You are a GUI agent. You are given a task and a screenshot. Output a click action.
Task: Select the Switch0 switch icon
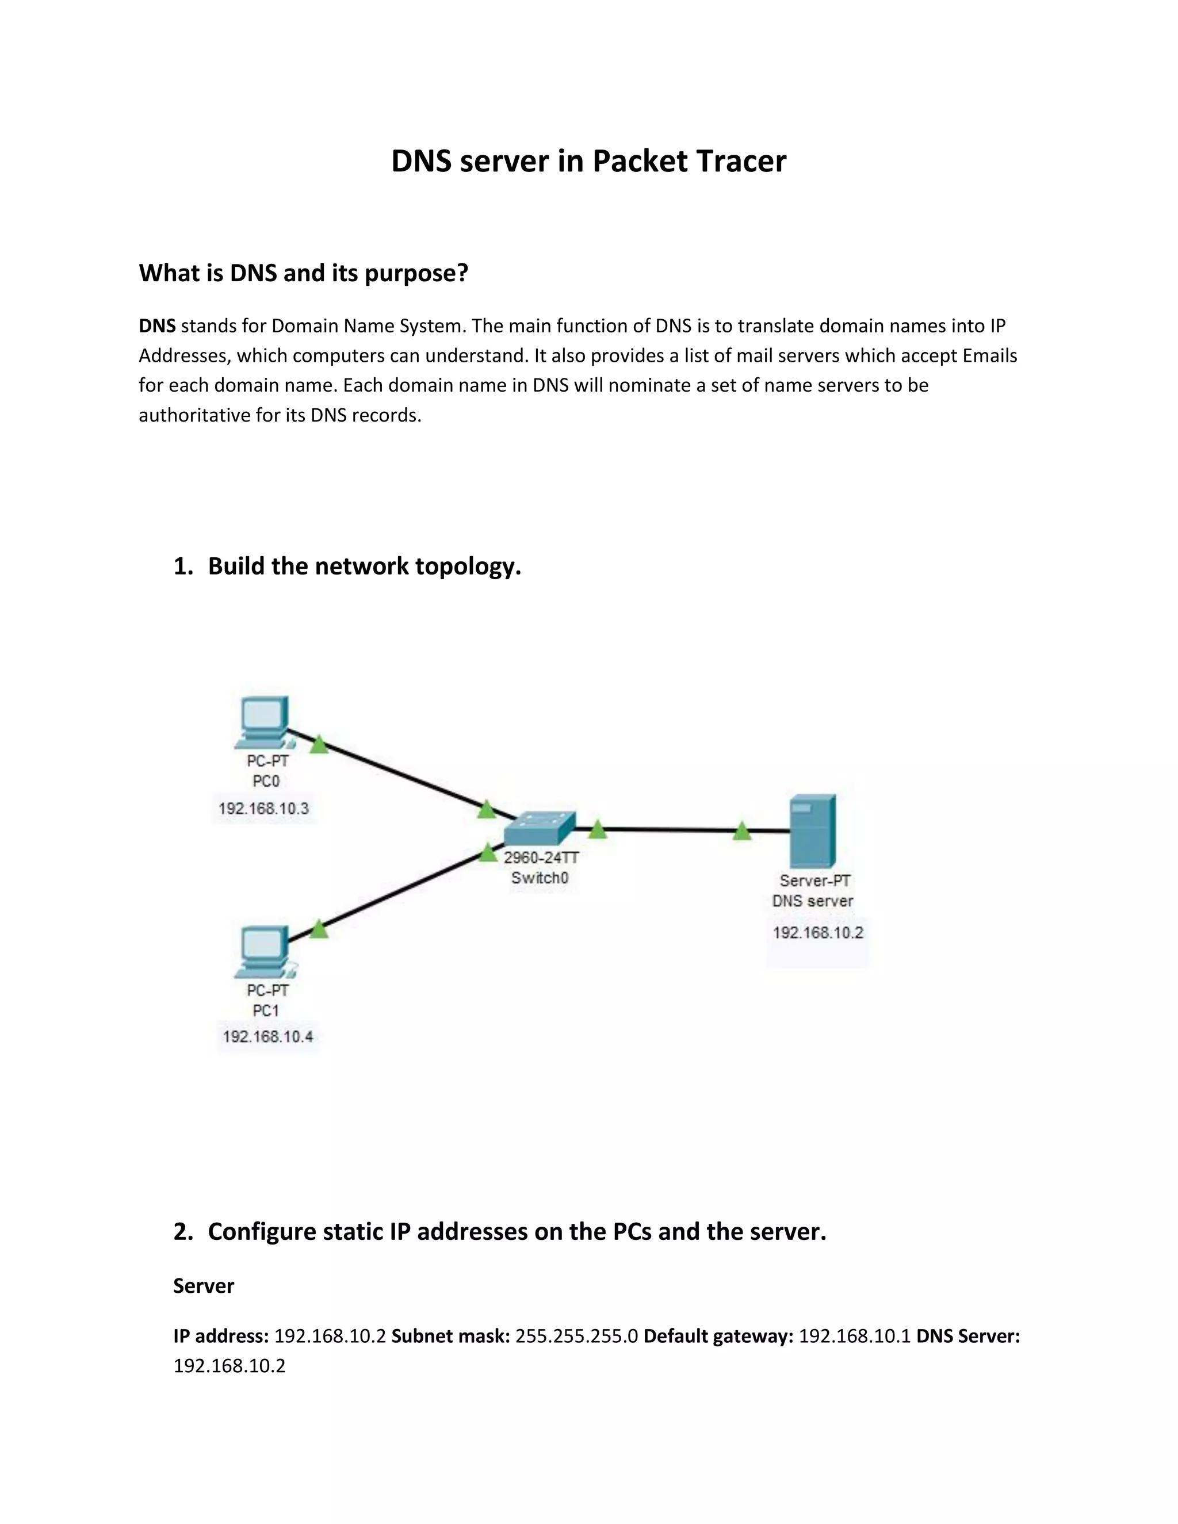pyautogui.click(x=540, y=829)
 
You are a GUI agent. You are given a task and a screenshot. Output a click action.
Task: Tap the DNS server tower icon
pyautogui.click(x=812, y=831)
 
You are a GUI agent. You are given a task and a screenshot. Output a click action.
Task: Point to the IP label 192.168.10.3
pyautogui.click(x=263, y=809)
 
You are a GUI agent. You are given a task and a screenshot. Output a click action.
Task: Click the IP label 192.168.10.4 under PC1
pyautogui.click(x=267, y=1037)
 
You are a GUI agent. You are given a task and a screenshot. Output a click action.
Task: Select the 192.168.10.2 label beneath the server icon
pyautogui.click(x=817, y=933)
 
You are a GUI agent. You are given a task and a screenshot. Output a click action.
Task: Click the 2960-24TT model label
pyautogui.click(x=541, y=857)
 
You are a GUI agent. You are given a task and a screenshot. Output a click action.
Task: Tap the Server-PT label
pyautogui.click(x=814, y=880)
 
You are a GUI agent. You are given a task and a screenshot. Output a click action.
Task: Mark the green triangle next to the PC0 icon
pyautogui.click(x=319, y=745)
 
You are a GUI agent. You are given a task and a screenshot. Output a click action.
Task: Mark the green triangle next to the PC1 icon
pyautogui.click(x=319, y=929)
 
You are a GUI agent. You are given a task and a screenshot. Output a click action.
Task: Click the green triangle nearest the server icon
pyautogui.click(x=742, y=831)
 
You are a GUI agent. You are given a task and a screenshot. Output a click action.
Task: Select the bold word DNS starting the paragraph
pyautogui.click(x=157, y=326)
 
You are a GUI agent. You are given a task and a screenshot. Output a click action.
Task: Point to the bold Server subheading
pyautogui.click(x=203, y=1286)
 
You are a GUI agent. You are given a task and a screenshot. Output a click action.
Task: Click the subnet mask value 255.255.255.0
pyautogui.click(x=576, y=1337)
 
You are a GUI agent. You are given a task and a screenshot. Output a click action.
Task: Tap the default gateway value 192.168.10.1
pyautogui.click(x=854, y=1337)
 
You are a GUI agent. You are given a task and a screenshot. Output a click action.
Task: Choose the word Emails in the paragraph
pyautogui.click(x=989, y=356)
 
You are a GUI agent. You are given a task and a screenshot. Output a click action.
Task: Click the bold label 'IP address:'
pyautogui.click(x=220, y=1337)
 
